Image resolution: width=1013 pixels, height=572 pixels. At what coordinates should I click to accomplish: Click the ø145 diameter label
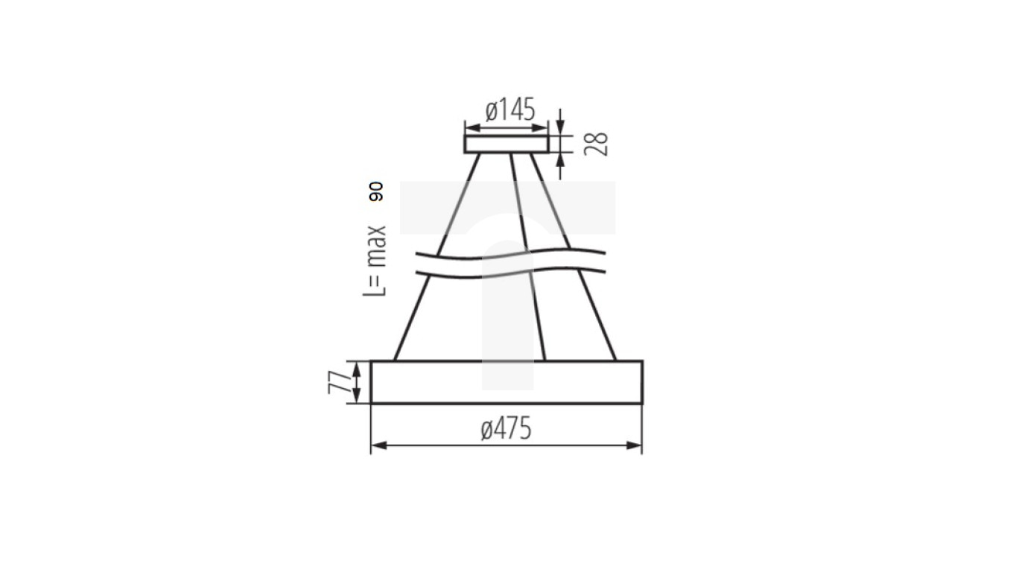pos(510,110)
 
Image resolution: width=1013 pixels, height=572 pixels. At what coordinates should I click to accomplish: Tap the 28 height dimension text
pos(597,144)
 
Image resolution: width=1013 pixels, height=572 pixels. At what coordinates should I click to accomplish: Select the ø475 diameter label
pos(506,429)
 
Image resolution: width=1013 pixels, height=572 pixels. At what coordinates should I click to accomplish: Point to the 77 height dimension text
pos(339,382)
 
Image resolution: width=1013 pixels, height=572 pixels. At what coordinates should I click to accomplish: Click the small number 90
pos(375,191)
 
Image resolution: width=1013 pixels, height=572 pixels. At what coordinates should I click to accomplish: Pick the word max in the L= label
pos(375,247)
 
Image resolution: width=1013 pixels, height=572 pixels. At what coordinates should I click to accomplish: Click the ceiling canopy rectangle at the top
pos(506,144)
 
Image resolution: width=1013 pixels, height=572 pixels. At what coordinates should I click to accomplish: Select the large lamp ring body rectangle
pos(506,382)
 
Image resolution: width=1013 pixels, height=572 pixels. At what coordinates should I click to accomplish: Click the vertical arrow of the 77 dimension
pos(358,382)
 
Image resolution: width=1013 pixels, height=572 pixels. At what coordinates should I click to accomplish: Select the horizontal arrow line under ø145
pos(506,128)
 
